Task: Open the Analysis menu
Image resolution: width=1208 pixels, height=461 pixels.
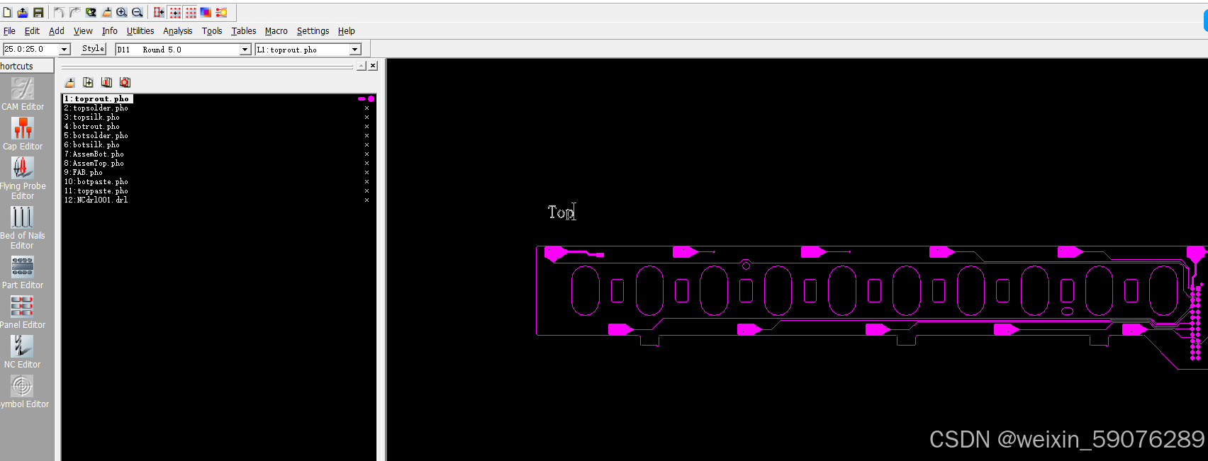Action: pos(177,31)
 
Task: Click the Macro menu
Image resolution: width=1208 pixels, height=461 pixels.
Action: pos(276,31)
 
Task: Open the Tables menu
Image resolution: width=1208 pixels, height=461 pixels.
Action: pos(243,31)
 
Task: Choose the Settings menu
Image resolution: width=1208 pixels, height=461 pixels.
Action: pos(313,31)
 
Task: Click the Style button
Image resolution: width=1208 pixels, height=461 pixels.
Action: pos(93,49)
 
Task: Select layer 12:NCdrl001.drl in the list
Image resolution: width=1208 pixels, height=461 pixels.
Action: pos(96,200)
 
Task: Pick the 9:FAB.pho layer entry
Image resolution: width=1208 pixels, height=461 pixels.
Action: pos(83,172)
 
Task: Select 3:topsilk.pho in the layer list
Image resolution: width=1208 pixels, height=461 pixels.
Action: pos(91,118)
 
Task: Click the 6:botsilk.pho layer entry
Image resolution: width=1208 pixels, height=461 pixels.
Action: pos(91,145)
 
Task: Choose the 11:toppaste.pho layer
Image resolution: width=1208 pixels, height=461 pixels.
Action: pos(96,190)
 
